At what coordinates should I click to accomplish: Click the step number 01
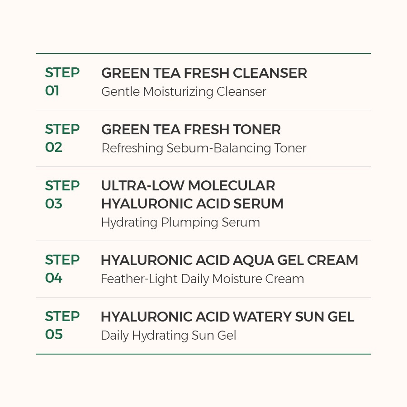click(x=52, y=90)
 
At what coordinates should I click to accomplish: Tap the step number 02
click(x=54, y=147)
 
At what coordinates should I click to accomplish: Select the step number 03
click(x=54, y=203)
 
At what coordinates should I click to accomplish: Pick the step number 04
click(x=54, y=278)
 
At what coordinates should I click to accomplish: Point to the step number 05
click(x=54, y=334)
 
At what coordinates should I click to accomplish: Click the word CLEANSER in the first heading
click(x=270, y=73)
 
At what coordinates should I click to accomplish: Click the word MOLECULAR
click(x=232, y=185)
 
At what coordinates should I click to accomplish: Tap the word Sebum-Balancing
click(x=218, y=148)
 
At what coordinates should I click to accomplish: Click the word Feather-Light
click(x=139, y=279)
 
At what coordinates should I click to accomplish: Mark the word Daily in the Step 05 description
click(x=115, y=336)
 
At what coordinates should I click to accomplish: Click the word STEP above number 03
click(x=62, y=185)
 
